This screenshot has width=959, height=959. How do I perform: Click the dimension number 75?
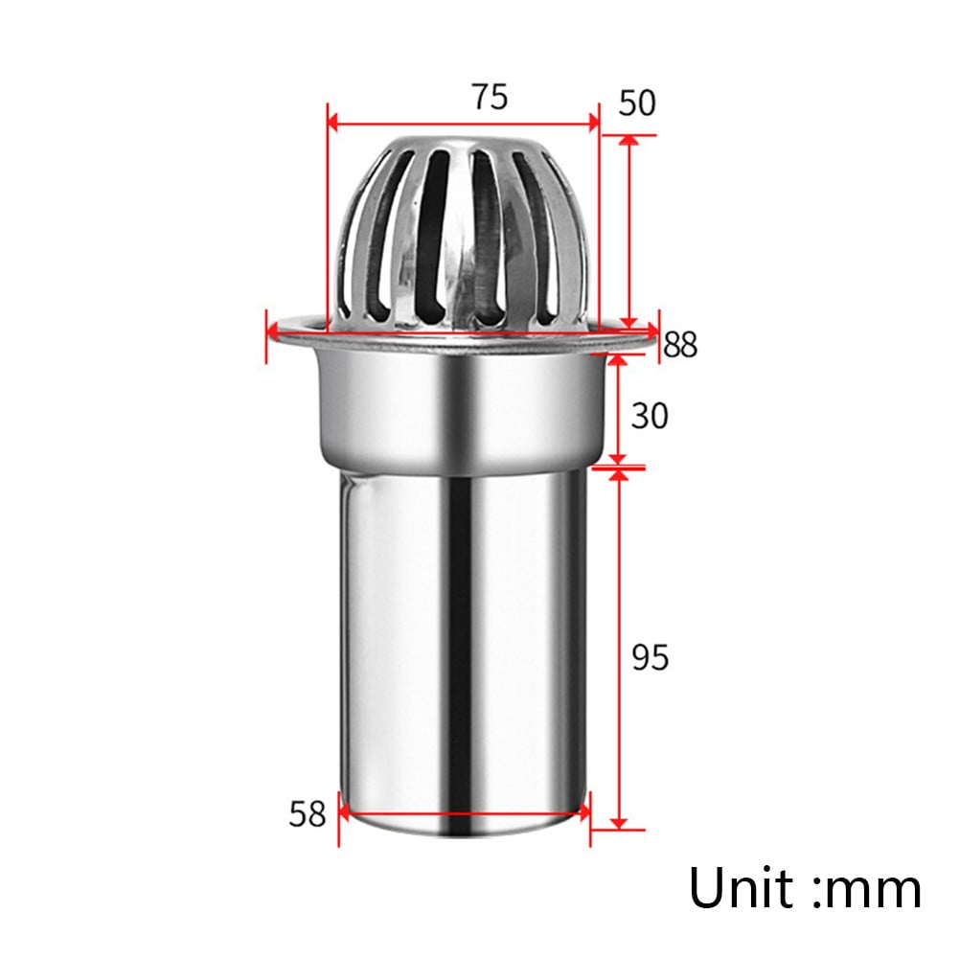pos(489,97)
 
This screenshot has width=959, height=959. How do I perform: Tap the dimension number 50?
pos(636,103)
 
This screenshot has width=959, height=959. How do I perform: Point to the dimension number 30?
pos(650,416)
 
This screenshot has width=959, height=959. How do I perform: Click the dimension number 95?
pos(650,658)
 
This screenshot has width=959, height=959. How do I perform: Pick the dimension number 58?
pos(308,814)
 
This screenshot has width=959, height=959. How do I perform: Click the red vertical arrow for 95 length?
pos(618,651)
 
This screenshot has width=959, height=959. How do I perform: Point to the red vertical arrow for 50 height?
pos(629,230)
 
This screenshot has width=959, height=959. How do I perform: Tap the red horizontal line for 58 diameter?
pos(464,818)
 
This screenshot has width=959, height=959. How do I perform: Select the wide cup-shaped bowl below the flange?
pos(464,402)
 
